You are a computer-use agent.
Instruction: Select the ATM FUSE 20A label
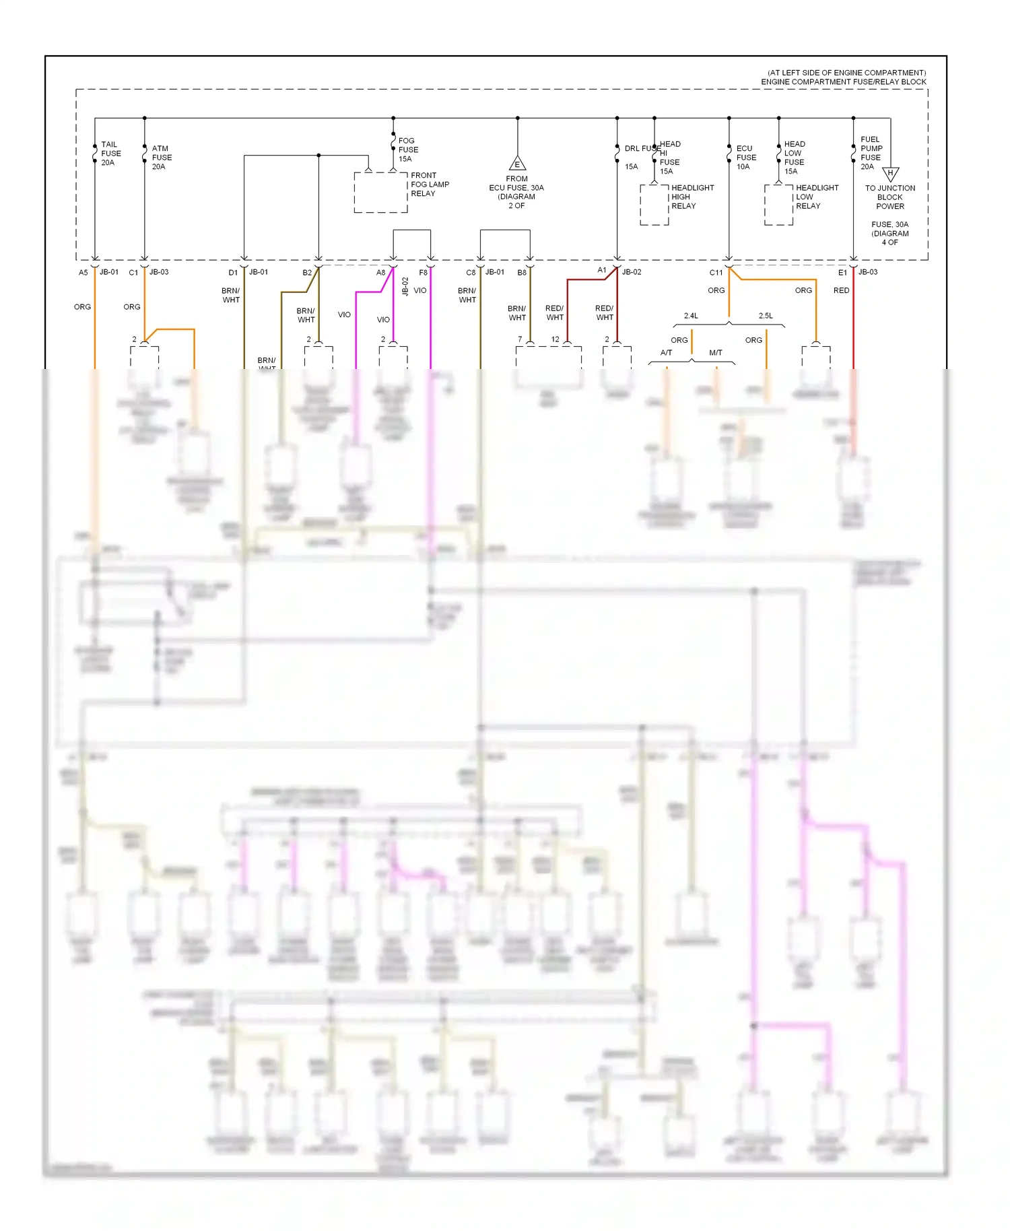click(x=161, y=158)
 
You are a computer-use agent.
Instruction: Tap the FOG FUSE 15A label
click(x=407, y=150)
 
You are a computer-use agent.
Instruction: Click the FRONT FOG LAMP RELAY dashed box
click(x=380, y=193)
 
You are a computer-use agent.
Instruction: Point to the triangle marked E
click(x=517, y=164)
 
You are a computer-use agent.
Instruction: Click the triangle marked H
click(x=890, y=174)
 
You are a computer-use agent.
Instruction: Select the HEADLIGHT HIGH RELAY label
click(x=692, y=197)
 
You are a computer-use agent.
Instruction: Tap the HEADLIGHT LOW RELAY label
click(x=816, y=197)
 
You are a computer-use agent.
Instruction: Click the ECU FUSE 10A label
click(x=745, y=158)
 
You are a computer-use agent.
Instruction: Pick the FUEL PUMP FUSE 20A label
click(x=871, y=153)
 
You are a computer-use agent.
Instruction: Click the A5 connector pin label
click(x=83, y=273)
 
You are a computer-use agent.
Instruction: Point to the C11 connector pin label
click(x=715, y=273)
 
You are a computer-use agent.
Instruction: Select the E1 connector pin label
click(x=842, y=273)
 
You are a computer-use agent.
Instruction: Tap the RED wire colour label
click(x=841, y=290)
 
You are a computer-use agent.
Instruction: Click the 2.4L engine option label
click(x=691, y=316)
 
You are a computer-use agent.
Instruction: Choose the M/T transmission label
click(x=715, y=353)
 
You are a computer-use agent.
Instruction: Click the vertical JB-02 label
click(x=405, y=286)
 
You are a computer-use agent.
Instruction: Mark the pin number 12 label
click(x=555, y=339)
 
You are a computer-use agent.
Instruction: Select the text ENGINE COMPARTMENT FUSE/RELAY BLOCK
click(x=843, y=82)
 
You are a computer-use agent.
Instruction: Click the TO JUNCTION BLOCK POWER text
click(x=889, y=197)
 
